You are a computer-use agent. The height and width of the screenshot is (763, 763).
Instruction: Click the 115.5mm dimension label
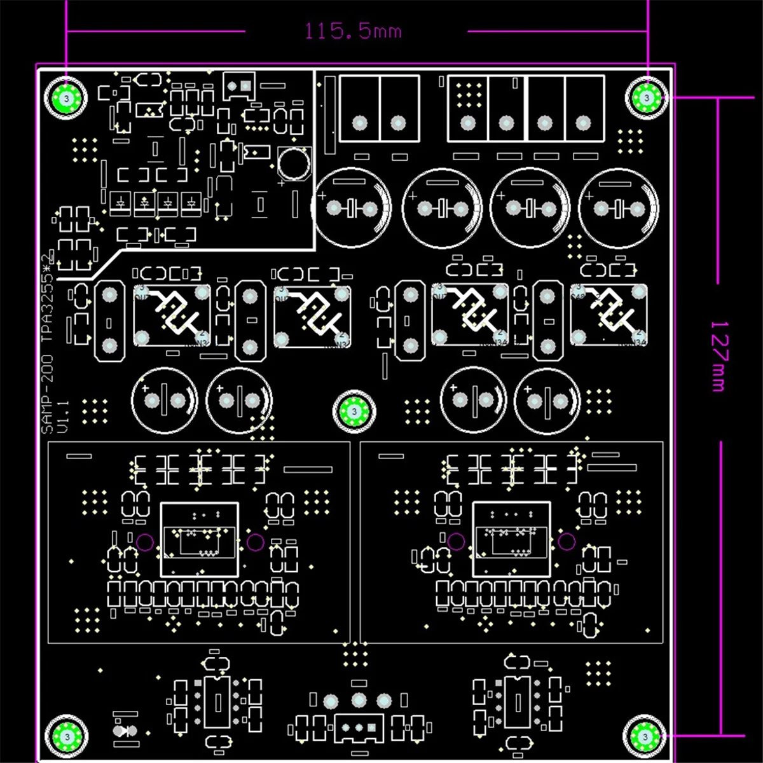click(x=354, y=31)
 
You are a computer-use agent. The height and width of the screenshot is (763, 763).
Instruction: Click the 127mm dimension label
click(x=718, y=356)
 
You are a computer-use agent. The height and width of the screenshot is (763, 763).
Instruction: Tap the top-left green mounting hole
click(x=65, y=98)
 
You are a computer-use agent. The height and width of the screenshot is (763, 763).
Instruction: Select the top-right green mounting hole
click(x=646, y=98)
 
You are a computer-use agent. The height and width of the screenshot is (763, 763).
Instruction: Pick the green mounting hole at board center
click(x=354, y=411)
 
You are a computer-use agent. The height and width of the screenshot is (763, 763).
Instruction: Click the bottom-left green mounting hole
click(x=65, y=736)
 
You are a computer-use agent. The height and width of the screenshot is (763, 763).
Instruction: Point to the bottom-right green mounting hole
click(x=645, y=736)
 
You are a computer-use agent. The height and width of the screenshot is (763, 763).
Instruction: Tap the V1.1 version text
click(x=62, y=416)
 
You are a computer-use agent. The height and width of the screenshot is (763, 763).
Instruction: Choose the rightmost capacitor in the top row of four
click(x=619, y=207)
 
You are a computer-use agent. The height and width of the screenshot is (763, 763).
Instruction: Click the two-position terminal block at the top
click(x=379, y=108)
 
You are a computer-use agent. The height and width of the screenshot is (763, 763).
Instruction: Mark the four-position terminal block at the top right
click(x=526, y=108)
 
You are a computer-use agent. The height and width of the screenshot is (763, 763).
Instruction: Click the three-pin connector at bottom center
click(x=359, y=724)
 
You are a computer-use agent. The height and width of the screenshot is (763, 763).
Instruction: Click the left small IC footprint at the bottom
click(x=217, y=702)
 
